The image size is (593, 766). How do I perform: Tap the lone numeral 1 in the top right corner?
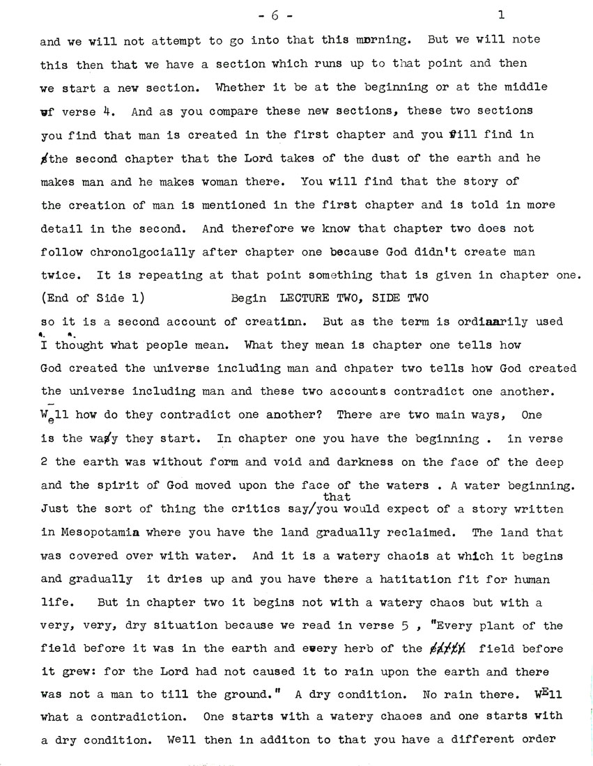[501, 14]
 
